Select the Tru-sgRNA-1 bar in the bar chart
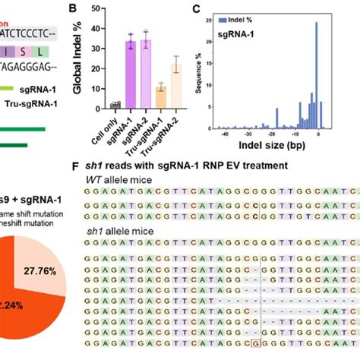[x=160, y=98]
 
